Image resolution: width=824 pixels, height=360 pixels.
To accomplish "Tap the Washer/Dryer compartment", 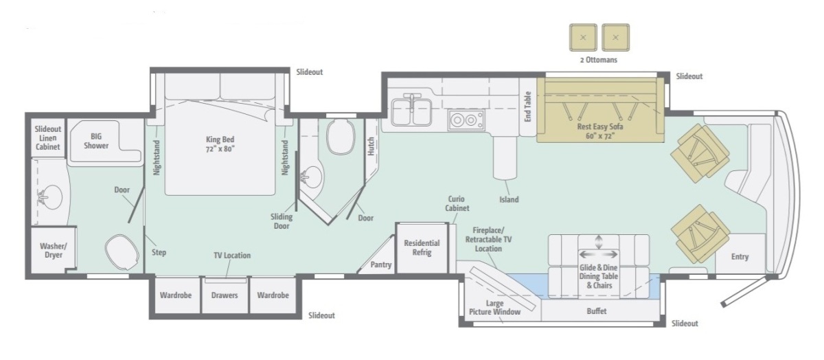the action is coord(54,250).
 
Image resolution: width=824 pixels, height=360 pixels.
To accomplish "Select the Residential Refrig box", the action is coord(422,248).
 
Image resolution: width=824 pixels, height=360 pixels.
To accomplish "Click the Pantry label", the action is coord(380,265).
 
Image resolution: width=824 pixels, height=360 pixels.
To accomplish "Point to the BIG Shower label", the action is coord(96,141).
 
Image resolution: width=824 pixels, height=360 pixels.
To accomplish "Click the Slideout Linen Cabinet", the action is coord(47,137).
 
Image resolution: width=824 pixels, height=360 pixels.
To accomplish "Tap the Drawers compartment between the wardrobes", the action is coord(225,295).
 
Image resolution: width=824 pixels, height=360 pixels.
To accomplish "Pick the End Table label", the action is coord(528,106).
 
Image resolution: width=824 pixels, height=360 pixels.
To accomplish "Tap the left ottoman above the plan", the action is coord(583,38).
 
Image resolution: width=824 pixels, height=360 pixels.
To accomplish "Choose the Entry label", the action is coord(740,257).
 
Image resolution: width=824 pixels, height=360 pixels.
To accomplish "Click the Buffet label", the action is coord(596,311).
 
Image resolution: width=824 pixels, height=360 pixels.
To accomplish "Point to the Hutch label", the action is coord(371,146).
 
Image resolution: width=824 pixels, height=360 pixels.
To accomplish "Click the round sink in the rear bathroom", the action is coord(50,197).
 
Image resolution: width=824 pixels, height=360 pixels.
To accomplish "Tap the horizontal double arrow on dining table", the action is coord(599,254).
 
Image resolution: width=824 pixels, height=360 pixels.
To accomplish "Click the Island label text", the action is coord(509,200).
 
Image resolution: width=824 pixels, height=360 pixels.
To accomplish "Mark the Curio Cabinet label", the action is coord(457,203).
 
